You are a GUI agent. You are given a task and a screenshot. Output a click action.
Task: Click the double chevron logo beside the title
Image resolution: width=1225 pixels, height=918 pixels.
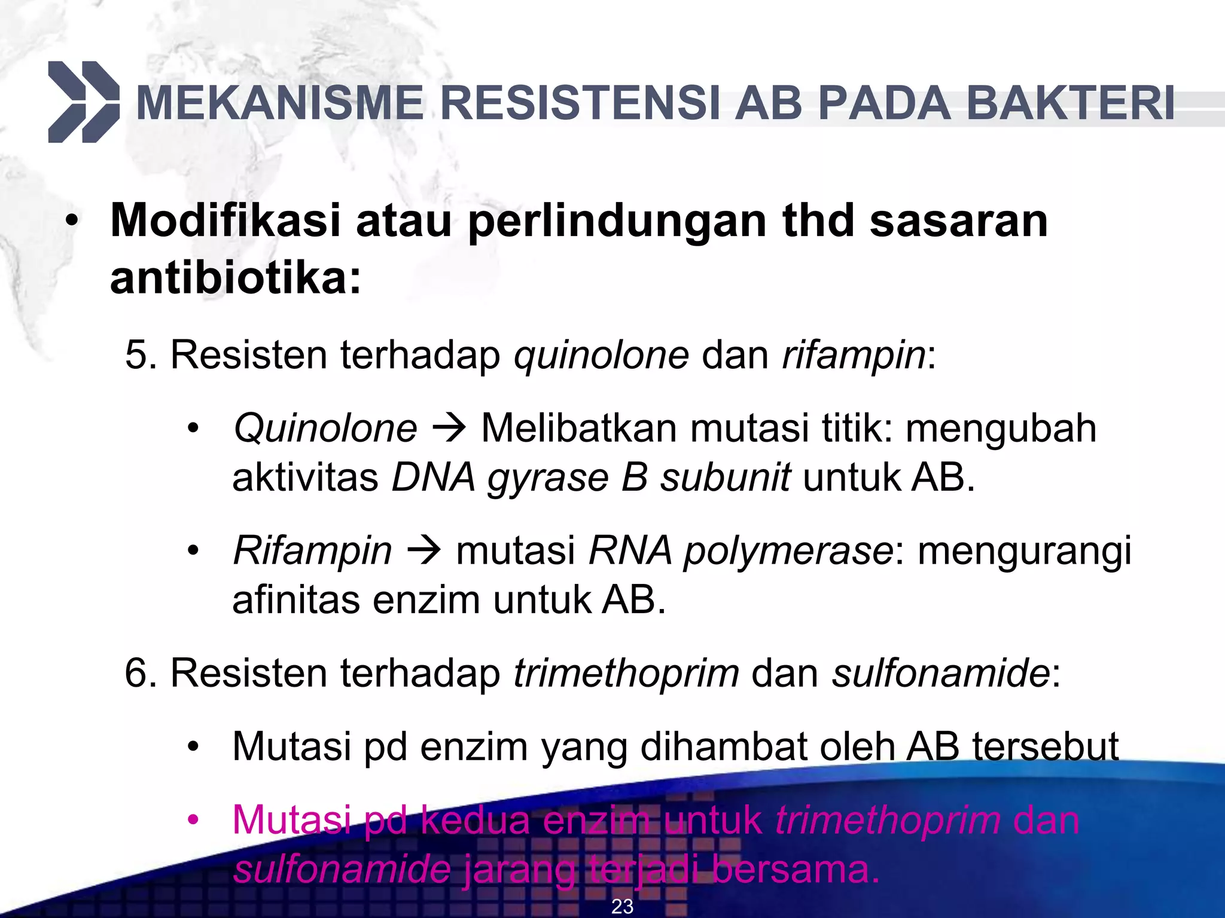tap(84, 102)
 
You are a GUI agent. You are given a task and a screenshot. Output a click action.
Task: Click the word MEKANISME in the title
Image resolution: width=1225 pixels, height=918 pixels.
tap(280, 104)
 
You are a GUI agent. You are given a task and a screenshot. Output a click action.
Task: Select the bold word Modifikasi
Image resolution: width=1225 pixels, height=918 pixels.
tap(226, 221)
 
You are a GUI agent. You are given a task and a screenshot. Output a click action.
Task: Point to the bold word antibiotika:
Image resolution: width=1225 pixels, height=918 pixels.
tap(236, 279)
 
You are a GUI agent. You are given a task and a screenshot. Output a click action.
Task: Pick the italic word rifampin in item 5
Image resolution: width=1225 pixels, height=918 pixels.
tap(854, 355)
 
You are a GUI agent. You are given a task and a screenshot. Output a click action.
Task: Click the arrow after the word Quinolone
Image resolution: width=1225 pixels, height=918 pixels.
tap(449, 429)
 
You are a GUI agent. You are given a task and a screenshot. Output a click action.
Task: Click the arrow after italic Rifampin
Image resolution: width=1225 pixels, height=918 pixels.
tap(423, 550)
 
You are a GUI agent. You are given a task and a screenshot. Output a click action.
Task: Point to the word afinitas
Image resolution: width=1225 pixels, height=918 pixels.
tap(296, 600)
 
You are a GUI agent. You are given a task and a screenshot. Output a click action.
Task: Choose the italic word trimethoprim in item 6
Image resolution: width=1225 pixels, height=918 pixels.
tap(626, 674)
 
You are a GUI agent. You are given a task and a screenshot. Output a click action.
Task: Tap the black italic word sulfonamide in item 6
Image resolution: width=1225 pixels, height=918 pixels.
tap(941, 674)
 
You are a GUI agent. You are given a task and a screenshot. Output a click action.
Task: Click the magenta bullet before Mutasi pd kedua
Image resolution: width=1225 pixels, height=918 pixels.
tap(192, 820)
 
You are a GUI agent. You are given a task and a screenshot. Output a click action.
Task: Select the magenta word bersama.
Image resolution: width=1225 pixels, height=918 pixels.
tap(796, 870)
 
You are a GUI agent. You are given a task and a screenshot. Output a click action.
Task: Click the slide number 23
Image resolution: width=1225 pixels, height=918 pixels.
tap(622, 907)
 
